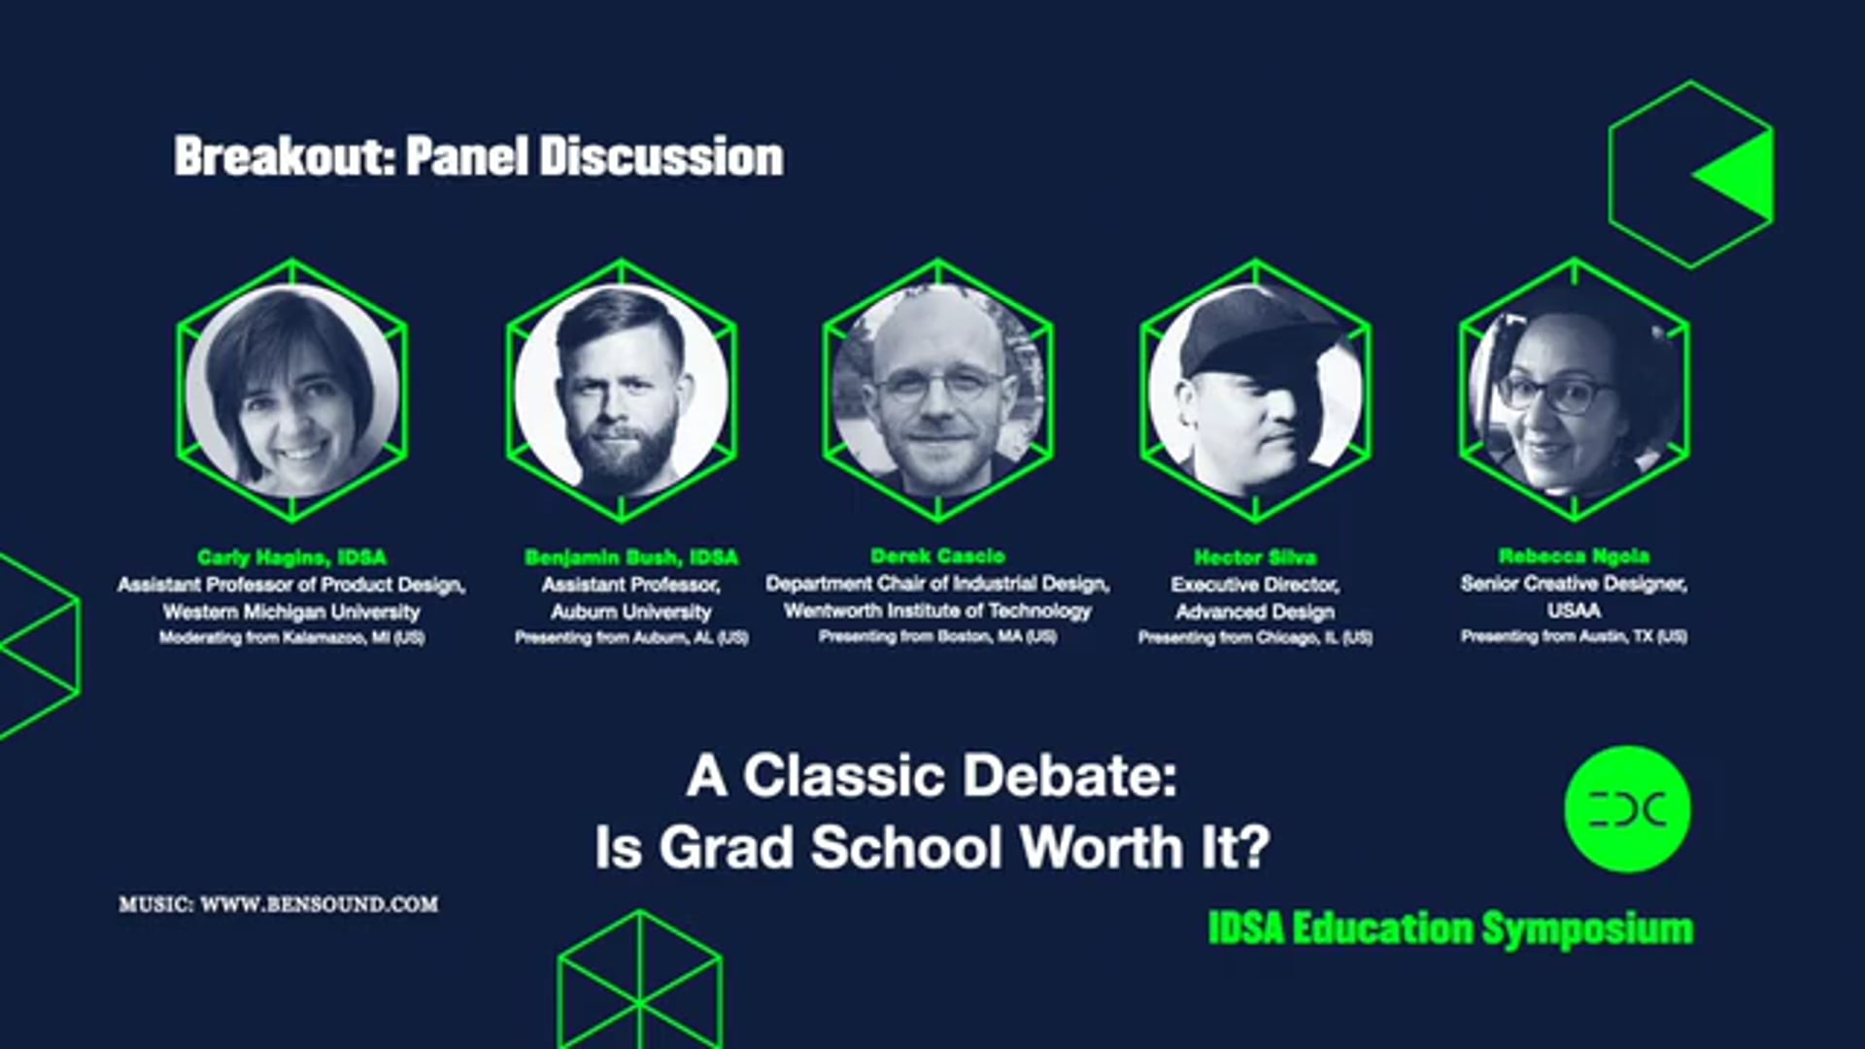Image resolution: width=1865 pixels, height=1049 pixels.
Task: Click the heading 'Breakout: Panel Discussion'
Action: pos(478,156)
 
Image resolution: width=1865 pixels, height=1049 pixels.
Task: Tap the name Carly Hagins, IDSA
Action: pos(291,557)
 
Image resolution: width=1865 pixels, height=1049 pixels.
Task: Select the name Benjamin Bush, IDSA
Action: pos(631,557)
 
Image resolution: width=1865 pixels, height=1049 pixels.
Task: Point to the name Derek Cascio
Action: pos(937,556)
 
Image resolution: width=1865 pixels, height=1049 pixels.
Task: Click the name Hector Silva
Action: pos(1255,557)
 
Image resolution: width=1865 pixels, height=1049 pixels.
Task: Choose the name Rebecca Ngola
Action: pos(1574,556)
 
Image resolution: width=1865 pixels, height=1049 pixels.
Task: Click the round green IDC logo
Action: pos(1627,808)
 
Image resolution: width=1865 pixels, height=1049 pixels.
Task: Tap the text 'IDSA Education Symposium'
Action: pos(1450,929)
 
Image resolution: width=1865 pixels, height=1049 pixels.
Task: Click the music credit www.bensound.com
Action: pos(279,904)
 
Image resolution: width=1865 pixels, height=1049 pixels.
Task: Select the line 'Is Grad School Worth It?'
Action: pos(932,847)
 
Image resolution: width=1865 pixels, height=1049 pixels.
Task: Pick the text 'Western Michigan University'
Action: pos(291,611)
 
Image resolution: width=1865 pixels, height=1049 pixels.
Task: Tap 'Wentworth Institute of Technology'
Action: pos(937,610)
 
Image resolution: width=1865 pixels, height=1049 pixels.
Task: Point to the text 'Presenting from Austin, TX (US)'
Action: pos(1574,636)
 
